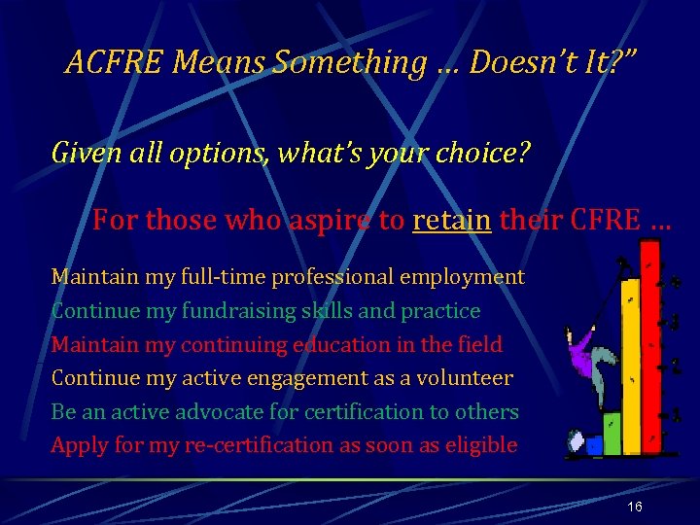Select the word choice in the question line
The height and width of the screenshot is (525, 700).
pyautogui.click(x=478, y=153)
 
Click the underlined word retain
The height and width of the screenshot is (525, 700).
pyautogui.click(x=452, y=220)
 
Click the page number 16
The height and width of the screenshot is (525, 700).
pyautogui.click(x=634, y=507)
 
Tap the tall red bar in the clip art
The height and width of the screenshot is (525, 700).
pyautogui.click(x=650, y=350)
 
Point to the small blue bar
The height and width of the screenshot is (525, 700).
pyautogui.click(x=594, y=446)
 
